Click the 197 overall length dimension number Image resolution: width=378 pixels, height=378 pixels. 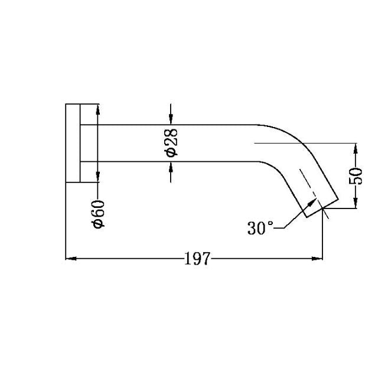click(197, 259)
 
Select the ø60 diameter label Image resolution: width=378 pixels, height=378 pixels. click(99, 214)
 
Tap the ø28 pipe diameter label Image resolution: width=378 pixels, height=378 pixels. click(171, 144)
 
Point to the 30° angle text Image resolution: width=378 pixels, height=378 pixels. click(261, 229)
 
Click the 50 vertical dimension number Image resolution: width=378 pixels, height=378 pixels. click(356, 176)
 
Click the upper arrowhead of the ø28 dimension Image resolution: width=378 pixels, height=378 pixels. click(171, 120)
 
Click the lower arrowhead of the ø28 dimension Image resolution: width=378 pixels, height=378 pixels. click(171, 167)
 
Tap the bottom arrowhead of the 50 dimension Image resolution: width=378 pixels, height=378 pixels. click(355, 204)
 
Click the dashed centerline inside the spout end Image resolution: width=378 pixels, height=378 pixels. click(308, 183)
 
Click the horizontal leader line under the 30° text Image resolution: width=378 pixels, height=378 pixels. click(279, 227)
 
